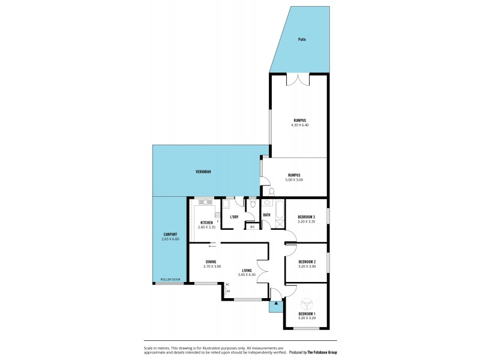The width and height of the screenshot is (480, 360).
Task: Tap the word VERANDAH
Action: (203, 172)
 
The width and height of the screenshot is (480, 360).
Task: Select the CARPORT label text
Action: (170, 234)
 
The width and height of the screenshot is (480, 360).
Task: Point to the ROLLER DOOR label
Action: (170, 280)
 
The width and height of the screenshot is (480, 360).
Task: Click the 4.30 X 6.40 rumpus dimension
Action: (300, 124)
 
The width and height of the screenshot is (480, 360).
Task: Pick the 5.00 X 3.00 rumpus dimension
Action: (294, 179)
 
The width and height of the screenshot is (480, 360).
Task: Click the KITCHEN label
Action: (206, 223)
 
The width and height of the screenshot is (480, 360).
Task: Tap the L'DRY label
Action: (235, 217)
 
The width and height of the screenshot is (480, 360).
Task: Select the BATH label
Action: (266, 214)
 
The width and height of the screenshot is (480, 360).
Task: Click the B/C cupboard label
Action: (252, 227)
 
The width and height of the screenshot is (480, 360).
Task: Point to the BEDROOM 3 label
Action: (307, 217)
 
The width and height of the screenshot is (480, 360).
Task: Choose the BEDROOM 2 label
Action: (307, 262)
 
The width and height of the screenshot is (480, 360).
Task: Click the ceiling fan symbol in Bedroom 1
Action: (307, 304)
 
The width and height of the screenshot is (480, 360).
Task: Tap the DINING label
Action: (211, 262)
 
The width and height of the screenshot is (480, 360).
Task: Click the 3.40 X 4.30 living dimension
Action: (247, 275)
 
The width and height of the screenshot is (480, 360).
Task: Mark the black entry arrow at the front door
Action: (276, 304)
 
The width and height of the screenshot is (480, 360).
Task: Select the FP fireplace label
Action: (228, 290)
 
